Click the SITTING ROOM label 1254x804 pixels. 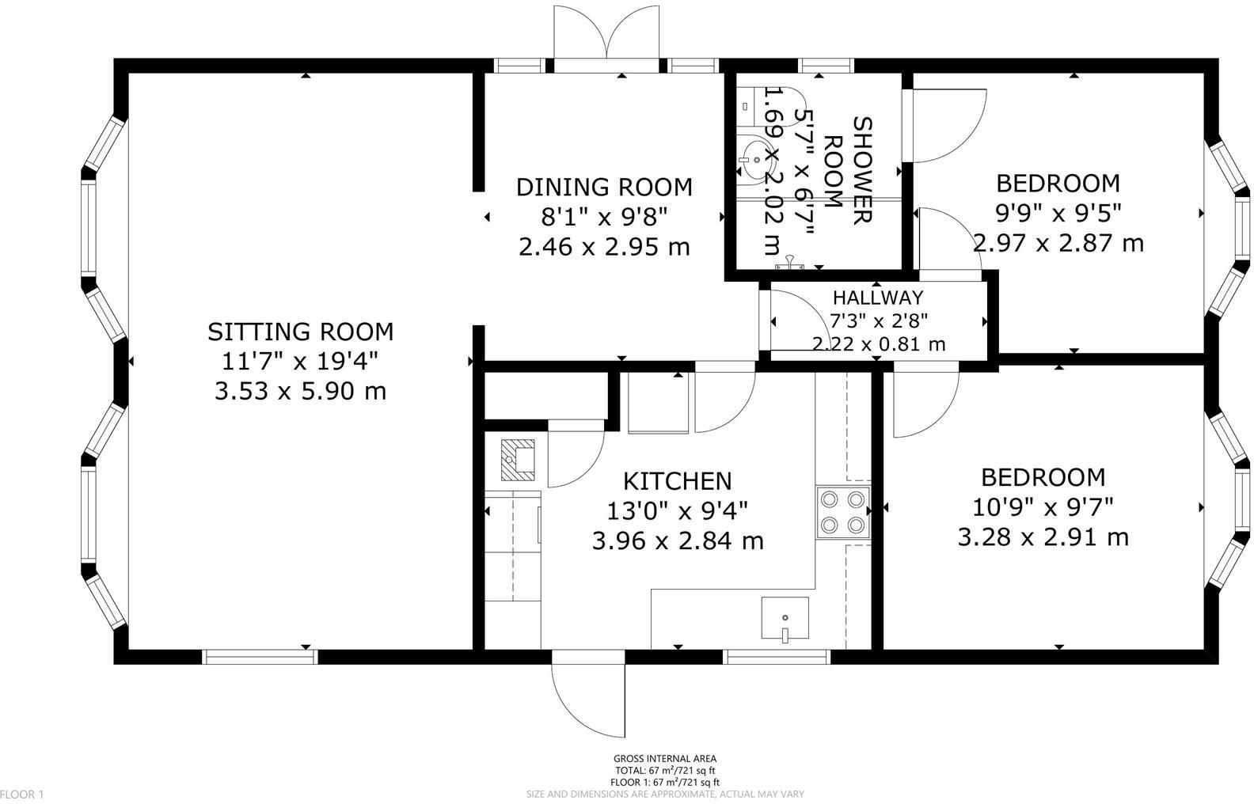coord(301,332)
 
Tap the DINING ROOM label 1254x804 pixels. coord(604,187)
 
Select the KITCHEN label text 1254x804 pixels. coord(678,481)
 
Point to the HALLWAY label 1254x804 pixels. coord(878,297)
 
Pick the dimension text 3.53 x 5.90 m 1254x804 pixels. coord(301,391)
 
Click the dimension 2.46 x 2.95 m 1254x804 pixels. coord(604,247)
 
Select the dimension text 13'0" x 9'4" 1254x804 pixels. coord(678,511)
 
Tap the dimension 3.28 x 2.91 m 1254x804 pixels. coord(1043,537)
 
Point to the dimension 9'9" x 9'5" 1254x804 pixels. coord(1058,213)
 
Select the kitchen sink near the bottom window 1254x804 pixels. coord(785,618)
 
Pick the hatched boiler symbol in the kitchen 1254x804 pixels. coord(518,460)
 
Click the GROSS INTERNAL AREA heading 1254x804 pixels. coord(664,759)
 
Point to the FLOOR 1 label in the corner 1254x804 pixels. coord(22,795)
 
